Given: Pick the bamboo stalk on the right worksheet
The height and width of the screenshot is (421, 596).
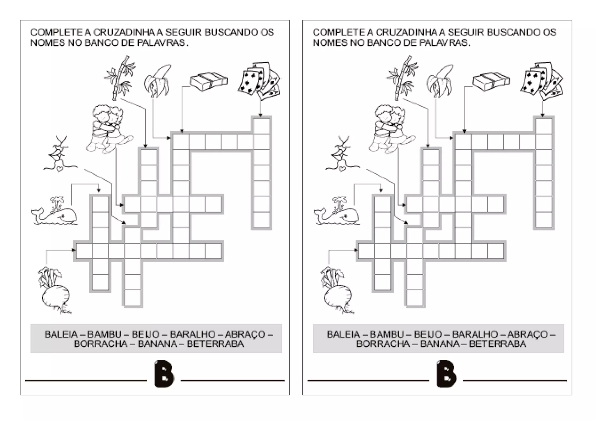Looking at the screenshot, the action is click(x=402, y=78).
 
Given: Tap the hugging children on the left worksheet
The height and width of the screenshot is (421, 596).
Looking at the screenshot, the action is click(x=108, y=128).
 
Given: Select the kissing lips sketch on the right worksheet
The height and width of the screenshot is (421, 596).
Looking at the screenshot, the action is click(x=342, y=154).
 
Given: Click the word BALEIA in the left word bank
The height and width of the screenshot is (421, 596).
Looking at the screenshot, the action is click(x=61, y=334).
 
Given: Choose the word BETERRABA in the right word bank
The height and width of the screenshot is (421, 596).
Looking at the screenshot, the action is click(x=498, y=344).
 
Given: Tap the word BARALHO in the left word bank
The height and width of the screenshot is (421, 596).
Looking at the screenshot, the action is click(x=193, y=334).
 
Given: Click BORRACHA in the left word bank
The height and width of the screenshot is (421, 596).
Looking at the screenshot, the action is click(x=101, y=344).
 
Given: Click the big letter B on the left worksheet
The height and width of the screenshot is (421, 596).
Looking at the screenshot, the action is click(x=164, y=374).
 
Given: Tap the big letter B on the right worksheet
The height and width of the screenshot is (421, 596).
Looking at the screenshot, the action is click(x=446, y=374).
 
